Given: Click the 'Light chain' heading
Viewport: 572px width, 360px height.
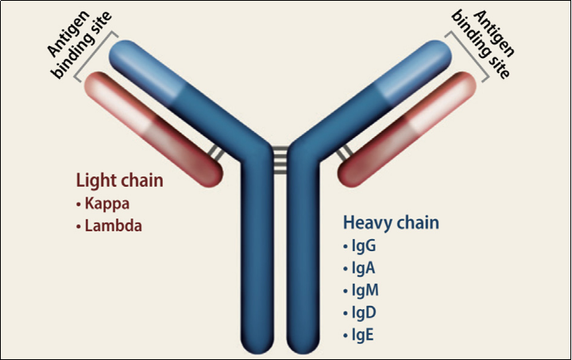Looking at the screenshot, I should pyautogui.click(x=119, y=181).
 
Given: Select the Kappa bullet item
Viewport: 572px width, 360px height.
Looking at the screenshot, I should pyautogui.click(x=104, y=203).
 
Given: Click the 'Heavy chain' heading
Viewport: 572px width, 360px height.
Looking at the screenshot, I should pyautogui.click(x=391, y=223).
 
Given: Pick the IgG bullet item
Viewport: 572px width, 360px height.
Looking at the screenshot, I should pyautogui.click(x=361, y=246).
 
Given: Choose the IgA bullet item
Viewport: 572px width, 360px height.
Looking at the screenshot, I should pyautogui.click(x=361, y=268).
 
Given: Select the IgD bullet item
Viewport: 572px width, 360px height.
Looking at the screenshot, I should pyautogui.click(x=361, y=312).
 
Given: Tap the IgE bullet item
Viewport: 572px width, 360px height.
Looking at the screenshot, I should pyautogui.click(x=360, y=334).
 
